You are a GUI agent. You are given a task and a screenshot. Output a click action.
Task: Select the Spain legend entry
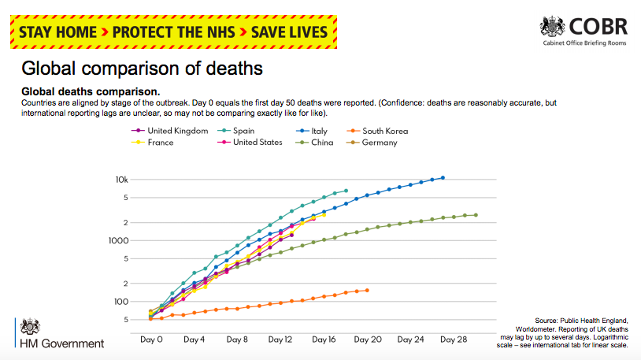coord(248,131)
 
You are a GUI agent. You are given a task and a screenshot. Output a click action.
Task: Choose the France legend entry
coord(161,143)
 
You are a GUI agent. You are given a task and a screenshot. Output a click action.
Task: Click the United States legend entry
coord(257,143)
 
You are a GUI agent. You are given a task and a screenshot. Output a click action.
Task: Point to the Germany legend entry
coord(380,143)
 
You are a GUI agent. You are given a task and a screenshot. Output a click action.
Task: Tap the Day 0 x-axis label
coord(151,340)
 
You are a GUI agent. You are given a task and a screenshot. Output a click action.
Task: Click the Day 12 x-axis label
coord(280,340)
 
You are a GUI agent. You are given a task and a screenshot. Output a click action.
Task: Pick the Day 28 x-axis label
coord(454,340)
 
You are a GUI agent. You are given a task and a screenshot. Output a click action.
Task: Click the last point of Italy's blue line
coord(443,178)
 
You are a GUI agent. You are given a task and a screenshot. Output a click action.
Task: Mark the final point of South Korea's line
coord(367,290)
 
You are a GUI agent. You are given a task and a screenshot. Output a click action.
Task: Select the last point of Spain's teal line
coord(346,191)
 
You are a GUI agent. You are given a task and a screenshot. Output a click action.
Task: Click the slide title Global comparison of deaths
coord(142,69)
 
